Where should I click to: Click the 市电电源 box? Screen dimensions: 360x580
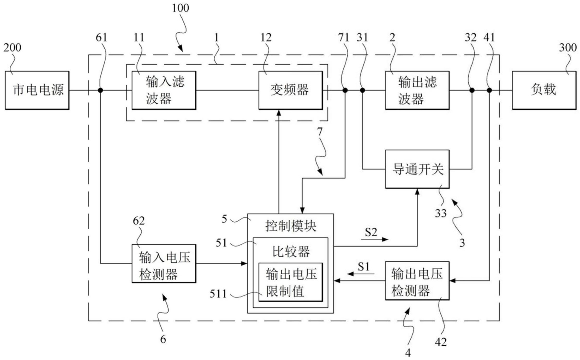(x=37, y=90)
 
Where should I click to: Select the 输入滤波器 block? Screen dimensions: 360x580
(x=164, y=90)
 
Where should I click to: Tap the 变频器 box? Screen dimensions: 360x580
(x=290, y=90)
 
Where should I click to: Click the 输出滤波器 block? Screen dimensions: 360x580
(x=417, y=90)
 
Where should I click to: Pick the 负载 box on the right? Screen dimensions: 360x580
(x=544, y=90)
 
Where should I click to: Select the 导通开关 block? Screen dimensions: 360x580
(x=417, y=169)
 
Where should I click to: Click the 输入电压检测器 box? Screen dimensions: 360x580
(x=164, y=263)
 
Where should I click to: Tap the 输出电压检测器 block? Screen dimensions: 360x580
(x=417, y=281)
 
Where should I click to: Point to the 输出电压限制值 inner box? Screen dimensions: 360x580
(x=290, y=282)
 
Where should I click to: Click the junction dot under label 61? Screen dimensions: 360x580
(x=100, y=90)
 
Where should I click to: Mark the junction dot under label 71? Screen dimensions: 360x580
(x=345, y=90)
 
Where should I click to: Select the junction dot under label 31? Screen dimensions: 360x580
(x=362, y=90)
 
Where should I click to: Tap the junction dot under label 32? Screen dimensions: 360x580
(x=472, y=90)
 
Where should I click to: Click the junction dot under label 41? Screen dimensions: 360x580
(x=489, y=90)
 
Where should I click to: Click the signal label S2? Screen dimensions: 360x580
(x=371, y=232)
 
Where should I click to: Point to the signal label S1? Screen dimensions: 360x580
(x=363, y=267)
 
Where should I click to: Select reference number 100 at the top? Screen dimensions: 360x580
(x=180, y=8)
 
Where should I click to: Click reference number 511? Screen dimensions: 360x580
(x=218, y=294)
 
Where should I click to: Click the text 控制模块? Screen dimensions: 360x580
(x=290, y=226)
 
